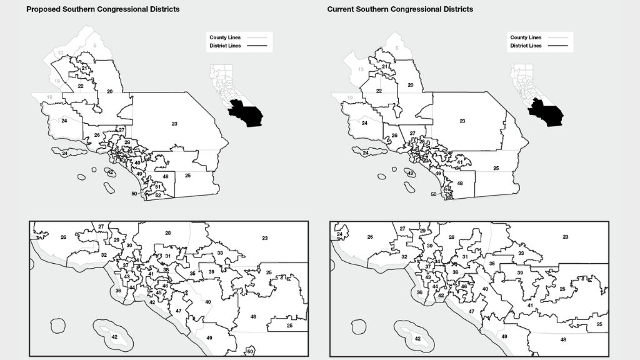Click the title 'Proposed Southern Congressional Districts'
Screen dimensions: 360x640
102,9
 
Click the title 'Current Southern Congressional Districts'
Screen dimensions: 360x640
400,9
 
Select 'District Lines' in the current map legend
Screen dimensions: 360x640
526,46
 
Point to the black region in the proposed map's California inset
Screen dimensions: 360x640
245,114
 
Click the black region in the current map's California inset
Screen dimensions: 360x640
545,114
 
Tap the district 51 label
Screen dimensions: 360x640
159,186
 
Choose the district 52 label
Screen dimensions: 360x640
158,196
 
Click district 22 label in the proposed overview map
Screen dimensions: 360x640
81,86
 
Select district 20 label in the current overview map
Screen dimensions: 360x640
411,85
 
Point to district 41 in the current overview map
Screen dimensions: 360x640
459,162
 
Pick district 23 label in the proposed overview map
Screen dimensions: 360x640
174,124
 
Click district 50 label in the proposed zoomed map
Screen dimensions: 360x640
250,352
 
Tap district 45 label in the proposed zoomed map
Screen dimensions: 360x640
159,292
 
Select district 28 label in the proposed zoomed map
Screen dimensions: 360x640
167,233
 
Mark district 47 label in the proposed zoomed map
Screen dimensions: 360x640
178,311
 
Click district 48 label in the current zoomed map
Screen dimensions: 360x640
563,339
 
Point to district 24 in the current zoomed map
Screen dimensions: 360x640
340,234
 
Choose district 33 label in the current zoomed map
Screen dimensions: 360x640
521,253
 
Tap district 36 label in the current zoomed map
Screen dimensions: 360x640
420,292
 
